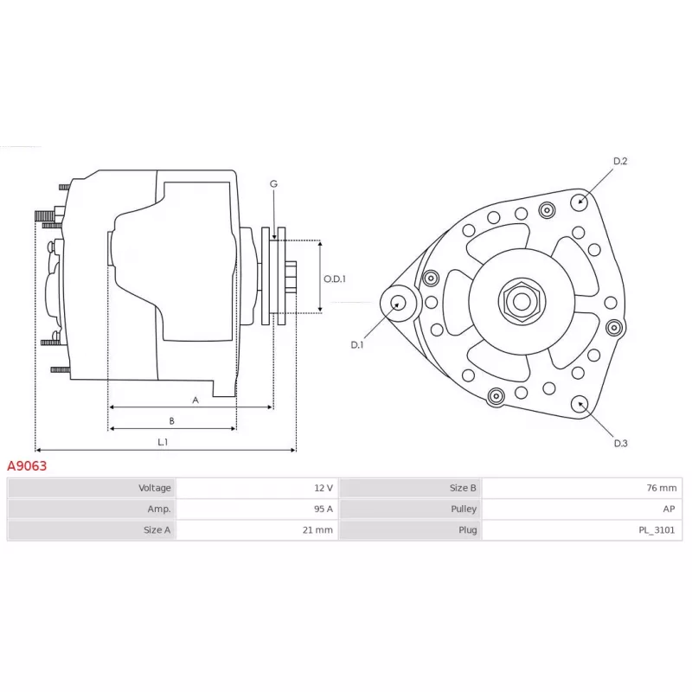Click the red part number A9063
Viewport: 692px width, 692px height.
27,466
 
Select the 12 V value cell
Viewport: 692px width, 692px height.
257,488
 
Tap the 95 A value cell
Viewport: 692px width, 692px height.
257,509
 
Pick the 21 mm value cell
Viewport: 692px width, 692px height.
257,530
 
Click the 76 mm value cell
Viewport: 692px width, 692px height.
581,488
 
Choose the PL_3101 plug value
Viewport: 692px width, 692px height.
657,530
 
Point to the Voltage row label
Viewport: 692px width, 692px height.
155,488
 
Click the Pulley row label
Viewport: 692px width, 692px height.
464,509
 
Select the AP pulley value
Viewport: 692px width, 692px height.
669,509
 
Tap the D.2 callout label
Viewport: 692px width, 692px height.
620,162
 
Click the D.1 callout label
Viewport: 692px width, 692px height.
357,345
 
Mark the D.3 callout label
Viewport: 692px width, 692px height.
620,444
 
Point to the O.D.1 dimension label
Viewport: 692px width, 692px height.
335,279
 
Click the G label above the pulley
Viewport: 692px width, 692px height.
273,184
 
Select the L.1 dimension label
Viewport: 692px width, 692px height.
163,442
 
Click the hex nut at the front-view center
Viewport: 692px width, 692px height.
522,302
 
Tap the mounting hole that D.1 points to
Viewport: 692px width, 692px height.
398,303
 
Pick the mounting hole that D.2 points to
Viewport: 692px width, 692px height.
579,202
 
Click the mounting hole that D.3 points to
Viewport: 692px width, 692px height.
580,404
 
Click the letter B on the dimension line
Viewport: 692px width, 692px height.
171,421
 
